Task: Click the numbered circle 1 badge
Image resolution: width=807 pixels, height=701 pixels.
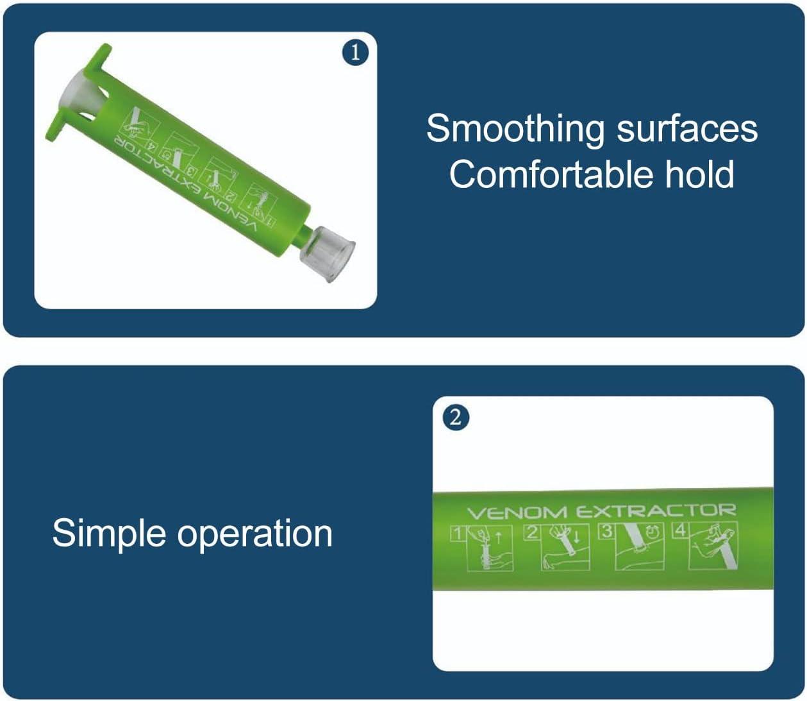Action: [356, 53]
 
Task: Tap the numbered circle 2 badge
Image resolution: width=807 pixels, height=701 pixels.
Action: [455, 418]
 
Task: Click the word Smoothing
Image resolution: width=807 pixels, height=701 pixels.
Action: [515, 128]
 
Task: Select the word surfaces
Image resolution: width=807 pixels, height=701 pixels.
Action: [687, 128]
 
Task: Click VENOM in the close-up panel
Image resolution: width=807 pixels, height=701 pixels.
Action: [517, 513]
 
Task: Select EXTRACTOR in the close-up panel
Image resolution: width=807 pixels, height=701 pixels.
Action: [655, 511]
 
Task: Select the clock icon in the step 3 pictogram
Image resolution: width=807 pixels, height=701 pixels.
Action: [653, 532]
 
